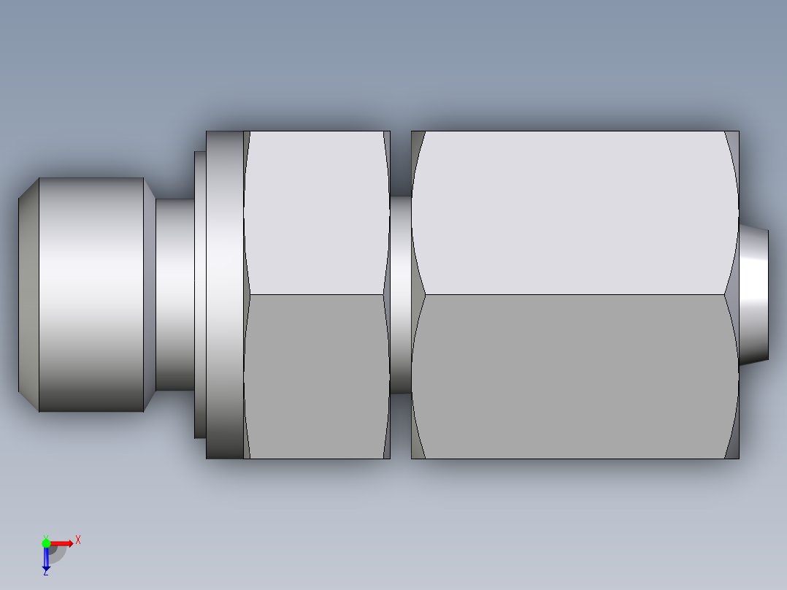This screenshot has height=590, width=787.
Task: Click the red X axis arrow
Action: [63, 543]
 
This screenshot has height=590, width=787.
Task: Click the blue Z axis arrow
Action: [46, 559]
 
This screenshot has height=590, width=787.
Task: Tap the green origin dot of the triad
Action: [46, 543]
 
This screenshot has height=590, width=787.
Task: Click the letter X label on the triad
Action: [78, 540]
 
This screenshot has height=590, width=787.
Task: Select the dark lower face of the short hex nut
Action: [315, 376]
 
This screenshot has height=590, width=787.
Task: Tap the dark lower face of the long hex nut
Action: [574, 376]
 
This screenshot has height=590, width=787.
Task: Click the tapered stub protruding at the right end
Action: [754, 296]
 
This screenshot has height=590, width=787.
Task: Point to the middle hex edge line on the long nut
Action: [574, 294]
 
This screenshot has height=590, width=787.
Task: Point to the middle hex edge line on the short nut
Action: [315, 294]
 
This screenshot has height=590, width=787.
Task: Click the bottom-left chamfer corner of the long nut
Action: [417, 449]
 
